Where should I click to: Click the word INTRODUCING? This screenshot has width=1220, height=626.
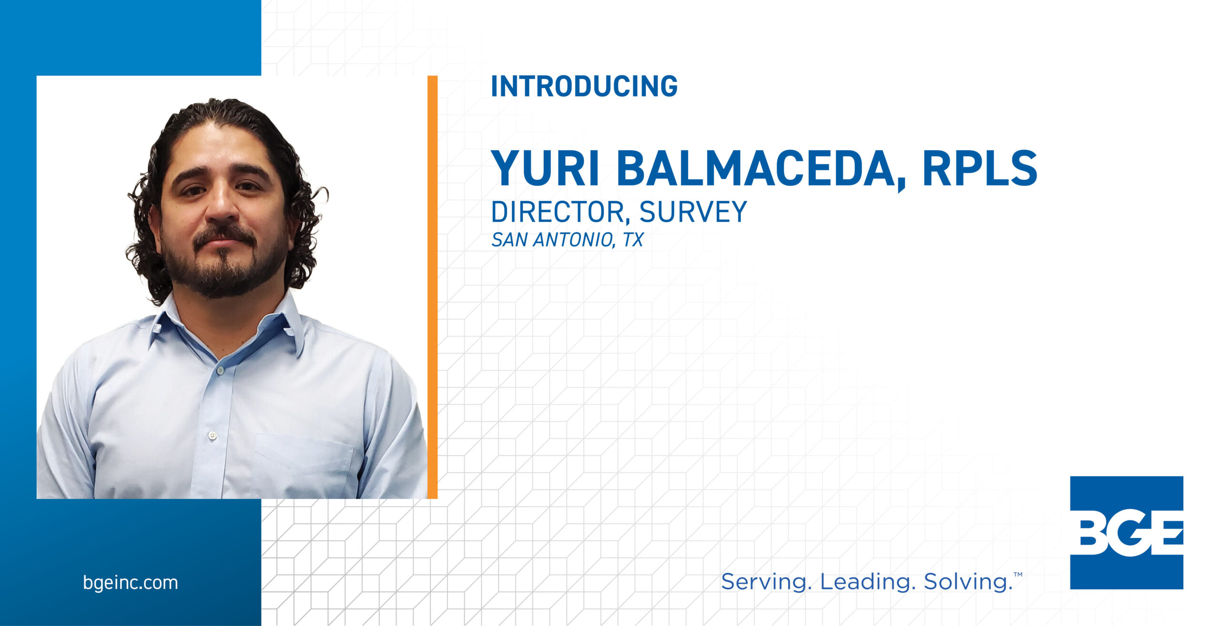click(584, 86)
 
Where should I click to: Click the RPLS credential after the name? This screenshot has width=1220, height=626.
click(980, 168)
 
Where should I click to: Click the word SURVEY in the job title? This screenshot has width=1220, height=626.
click(693, 212)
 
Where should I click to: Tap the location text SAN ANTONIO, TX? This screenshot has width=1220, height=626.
click(567, 240)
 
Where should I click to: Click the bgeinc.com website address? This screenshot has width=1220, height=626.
click(130, 583)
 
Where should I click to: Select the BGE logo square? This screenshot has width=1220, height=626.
click(1127, 533)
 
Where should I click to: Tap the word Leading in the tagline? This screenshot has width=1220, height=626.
click(866, 582)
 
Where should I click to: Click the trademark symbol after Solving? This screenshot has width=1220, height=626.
click(1018, 575)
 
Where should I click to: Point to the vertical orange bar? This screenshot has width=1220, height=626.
click(432, 287)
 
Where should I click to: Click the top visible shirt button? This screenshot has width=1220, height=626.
click(220, 370)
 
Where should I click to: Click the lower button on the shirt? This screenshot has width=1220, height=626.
click(213, 435)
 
